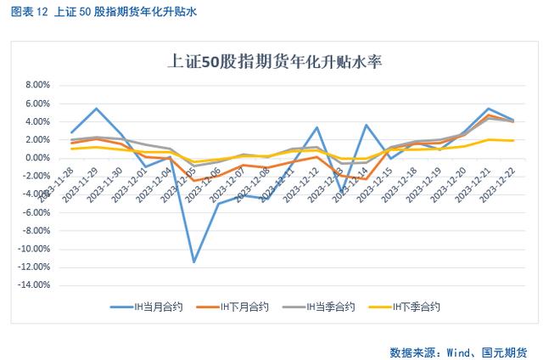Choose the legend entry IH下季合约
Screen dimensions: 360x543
point(416,306)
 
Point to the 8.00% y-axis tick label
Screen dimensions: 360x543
point(39,85)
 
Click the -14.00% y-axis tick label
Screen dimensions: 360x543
point(36,285)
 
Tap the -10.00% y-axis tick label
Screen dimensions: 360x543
point(36,249)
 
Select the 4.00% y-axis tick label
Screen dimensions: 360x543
point(39,121)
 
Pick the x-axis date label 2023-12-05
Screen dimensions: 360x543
point(184,181)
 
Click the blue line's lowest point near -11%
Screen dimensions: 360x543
point(194,262)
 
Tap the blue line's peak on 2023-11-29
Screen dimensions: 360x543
point(96,109)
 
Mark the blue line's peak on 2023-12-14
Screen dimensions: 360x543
point(367,125)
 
